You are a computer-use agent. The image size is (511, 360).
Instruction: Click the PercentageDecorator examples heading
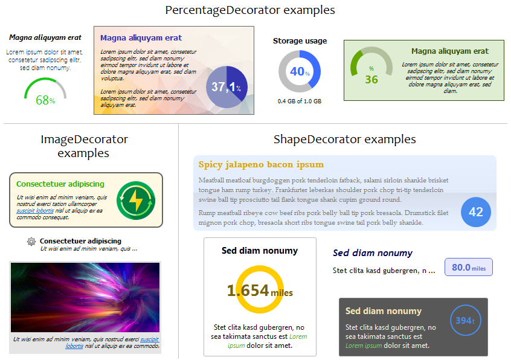tap(250, 10)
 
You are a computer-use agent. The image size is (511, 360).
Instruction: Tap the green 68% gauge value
tap(45, 100)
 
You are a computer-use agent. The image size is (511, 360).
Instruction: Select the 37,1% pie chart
tap(227, 87)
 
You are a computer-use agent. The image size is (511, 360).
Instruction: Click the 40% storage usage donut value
tap(300, 71)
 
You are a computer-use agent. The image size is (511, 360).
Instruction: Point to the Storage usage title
tap(300, 41)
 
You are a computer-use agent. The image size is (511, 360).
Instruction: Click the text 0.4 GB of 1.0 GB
tap(300, 101)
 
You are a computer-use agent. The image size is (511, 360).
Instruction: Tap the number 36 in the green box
tap(371, 80)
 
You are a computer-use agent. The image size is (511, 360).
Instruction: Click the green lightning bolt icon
tap(136, 201)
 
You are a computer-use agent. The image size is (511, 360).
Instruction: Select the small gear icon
tap(31, 242)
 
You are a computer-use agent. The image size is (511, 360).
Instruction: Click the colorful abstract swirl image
tap(85, 297)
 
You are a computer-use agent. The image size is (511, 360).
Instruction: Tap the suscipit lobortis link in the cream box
tap(35, 211)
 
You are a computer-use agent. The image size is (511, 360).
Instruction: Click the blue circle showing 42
tap(476, 212)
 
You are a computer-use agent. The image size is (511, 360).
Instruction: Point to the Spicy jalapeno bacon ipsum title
tap(261, 164)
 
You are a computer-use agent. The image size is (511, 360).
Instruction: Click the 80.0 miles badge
tap(469, 268)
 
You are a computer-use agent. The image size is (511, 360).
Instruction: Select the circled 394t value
tap(465, 321)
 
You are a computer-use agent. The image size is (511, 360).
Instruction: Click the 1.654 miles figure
tap(260, 291)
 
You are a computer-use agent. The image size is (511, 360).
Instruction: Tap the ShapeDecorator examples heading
tap(345, 140)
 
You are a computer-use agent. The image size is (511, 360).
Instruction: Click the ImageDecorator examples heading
tap(84, 146)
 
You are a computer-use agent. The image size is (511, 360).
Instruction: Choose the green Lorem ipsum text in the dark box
tap(364, 346)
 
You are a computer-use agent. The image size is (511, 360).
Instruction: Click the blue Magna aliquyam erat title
tap(141, 38)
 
